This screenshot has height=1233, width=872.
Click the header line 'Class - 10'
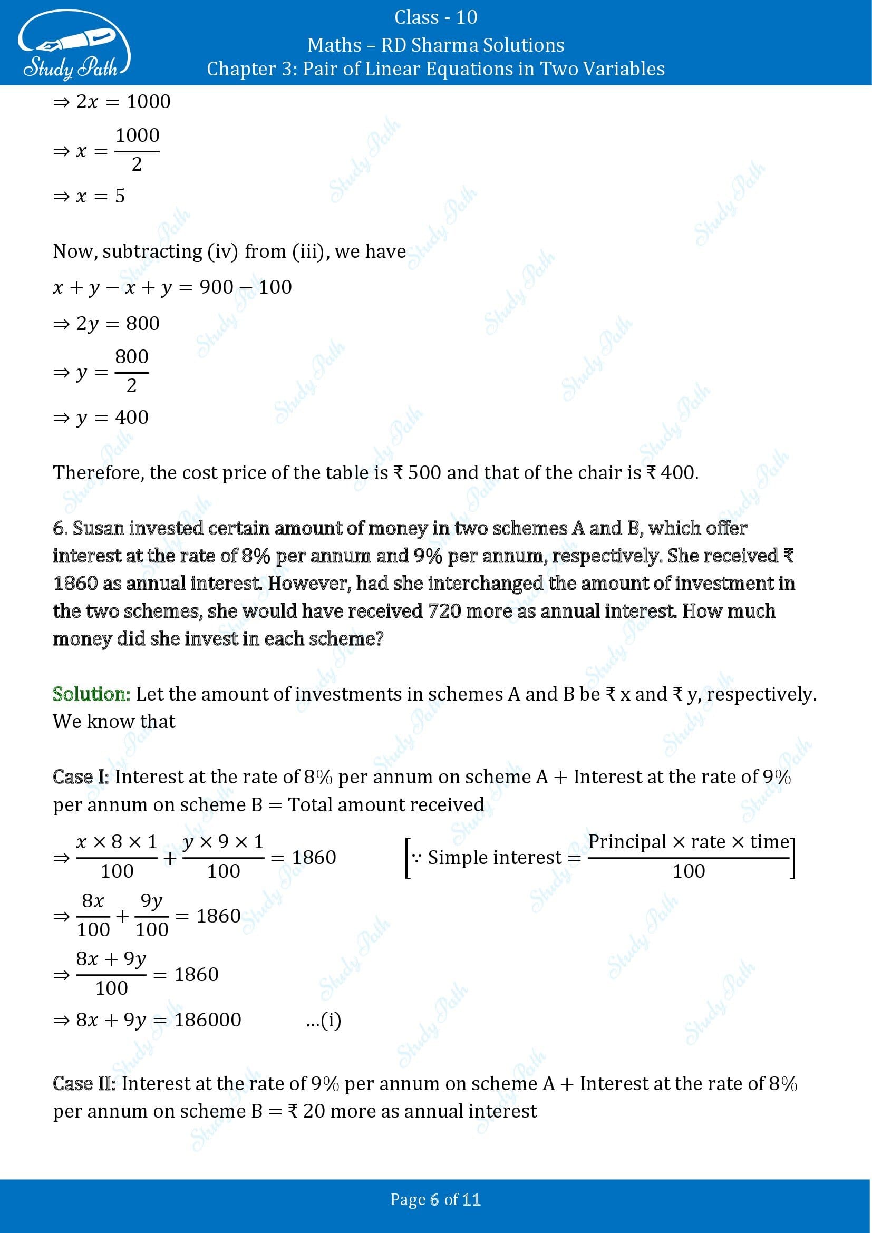435,17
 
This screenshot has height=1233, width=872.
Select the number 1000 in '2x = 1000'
148,102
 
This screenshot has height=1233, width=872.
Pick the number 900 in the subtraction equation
216,287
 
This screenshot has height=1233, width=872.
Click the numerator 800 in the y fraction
132,356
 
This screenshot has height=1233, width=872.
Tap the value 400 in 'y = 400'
132,418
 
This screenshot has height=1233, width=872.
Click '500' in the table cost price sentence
424,472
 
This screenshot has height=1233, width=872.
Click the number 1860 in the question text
75,584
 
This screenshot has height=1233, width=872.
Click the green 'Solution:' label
91,694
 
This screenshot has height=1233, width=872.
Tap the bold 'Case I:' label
81,777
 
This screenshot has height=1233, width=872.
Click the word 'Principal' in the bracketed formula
627,841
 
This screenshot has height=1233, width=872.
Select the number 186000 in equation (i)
208,1020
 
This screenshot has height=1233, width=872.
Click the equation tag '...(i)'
323,1020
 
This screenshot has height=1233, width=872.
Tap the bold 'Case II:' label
84,1084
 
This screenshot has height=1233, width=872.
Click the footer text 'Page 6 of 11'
435,1200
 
